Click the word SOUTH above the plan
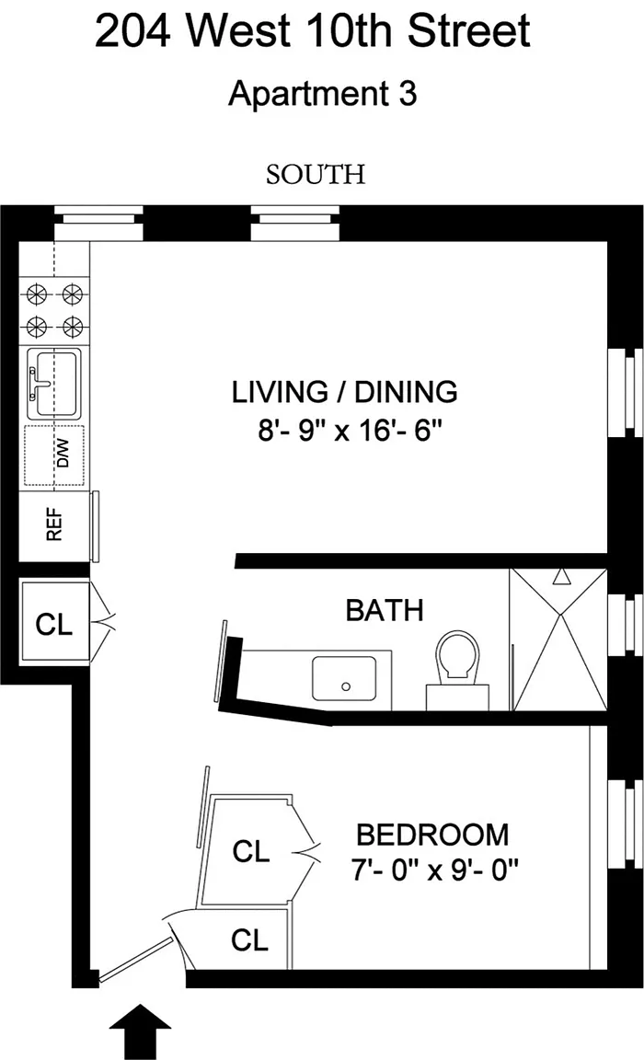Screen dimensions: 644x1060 [316, 175]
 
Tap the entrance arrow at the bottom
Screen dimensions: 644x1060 [140, 1031]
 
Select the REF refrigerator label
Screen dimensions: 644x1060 [54, 524]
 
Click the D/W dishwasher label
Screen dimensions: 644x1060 [63, 454]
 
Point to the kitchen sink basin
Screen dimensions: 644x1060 [54, 384]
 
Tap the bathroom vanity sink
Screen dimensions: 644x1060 [344, 679]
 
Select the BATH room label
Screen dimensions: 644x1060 [385, 610]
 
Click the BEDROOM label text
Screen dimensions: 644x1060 [432, 835]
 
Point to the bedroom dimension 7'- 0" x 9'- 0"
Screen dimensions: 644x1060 [434, 870]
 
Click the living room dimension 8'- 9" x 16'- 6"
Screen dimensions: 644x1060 [350, 430]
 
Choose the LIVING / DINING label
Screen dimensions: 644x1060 [345, 392]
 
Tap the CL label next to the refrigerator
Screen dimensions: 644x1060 [54, 625]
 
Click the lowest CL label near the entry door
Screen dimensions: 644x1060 [249, 939]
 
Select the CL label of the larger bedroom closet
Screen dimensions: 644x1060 [251, 851]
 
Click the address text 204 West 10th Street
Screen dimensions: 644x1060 [313, 30]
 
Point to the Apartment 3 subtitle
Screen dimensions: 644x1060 [322, 93]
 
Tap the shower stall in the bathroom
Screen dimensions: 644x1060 [558, 639]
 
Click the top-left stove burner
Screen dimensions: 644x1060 [37, 294]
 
